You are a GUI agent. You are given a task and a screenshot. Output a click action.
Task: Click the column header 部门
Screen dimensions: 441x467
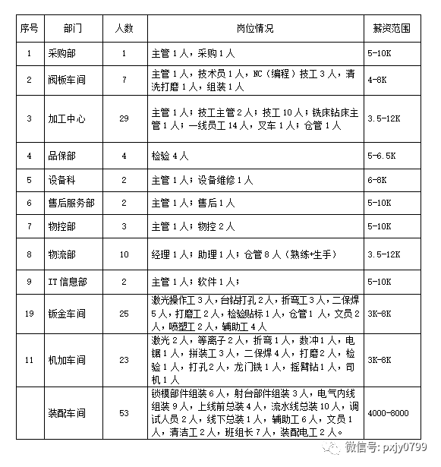click(x=74, y=28)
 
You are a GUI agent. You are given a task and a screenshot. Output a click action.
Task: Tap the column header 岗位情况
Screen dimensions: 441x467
click(x=255, y=28)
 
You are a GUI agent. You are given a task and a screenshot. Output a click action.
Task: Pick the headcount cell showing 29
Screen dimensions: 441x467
click(x=124, y=118)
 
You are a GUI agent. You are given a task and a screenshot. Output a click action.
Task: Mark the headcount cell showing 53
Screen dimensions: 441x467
click(x=124, y=413)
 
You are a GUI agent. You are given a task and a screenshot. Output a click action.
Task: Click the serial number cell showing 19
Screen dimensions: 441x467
click(x=29, y=313)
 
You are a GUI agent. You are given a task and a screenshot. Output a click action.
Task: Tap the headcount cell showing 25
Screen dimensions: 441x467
click(x=124, y=313)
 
